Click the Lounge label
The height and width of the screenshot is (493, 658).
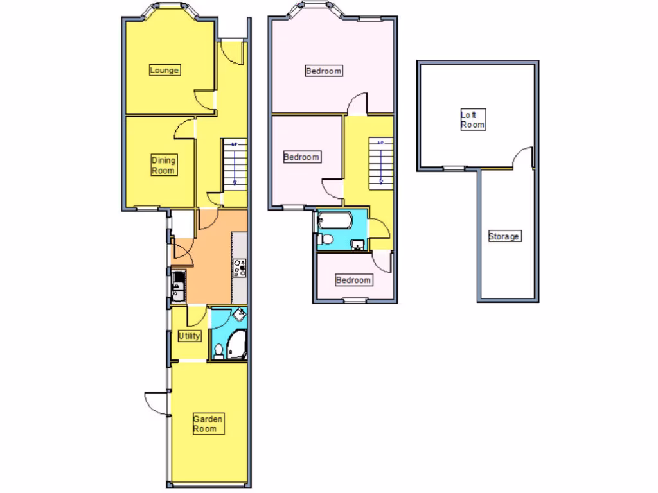point(164,70)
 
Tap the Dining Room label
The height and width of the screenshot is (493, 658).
point(163,165)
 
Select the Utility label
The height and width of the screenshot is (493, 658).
point(190,336)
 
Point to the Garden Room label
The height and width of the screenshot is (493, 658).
point(208,424)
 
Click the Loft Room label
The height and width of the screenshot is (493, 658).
point(472,120)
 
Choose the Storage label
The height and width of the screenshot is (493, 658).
point(504,236)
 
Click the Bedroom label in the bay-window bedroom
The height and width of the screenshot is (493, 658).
point(323,71)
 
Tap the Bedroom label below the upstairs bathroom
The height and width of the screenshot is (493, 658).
point(353,281)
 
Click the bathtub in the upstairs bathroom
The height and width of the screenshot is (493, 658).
point(333,221)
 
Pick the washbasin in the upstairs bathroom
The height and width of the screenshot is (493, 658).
point(358,244)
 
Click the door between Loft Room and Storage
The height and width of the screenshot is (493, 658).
point(524,158)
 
